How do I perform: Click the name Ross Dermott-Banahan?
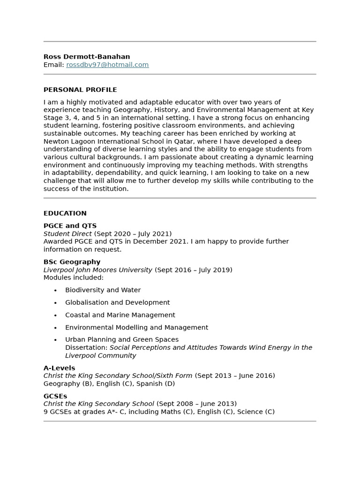point(87,57)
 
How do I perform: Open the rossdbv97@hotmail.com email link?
point(107,65)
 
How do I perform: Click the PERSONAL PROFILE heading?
point(80,90)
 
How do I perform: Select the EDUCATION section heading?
point(65,213)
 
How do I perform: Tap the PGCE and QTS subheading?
point(70,225)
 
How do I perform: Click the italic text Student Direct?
point(67,233)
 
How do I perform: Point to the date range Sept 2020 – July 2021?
point(133,233)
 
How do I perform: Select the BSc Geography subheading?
point(72,262)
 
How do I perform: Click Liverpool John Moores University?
point(98,270)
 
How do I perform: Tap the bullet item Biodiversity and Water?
point(103,290)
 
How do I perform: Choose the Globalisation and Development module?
point(117,302)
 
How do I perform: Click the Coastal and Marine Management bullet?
point(120,315)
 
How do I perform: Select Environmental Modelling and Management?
point(136,327)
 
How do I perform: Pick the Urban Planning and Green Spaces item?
point(122,339)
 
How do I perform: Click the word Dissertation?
point(86,347)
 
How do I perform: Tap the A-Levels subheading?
point(59,368)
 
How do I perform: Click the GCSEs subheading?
point(55,396)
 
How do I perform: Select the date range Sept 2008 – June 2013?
point(196,404)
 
